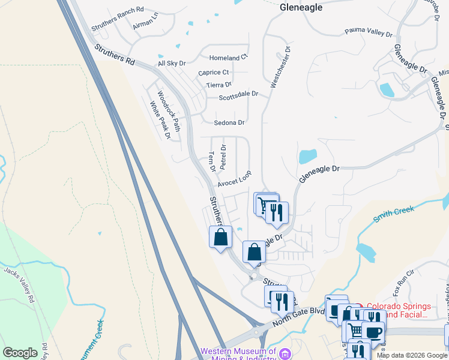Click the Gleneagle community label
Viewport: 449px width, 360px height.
[x=301, y=8]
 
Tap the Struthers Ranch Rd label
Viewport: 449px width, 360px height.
[x=118, y=19]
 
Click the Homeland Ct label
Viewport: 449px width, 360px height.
[x=228, y=58]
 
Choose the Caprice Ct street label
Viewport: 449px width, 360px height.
[x=214, y=73]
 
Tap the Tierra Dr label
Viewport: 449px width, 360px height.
[x=218, y=85]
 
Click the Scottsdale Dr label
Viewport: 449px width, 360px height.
[x=238, y=95]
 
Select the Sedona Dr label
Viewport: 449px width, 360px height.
[x=229, y=122]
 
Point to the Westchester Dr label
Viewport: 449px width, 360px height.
[x=281, y=67]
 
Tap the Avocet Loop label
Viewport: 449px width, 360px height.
[x=234, y=179]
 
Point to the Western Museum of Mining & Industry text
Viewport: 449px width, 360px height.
[x=239, y=355]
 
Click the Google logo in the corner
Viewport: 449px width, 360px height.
[x=20, y=353]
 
